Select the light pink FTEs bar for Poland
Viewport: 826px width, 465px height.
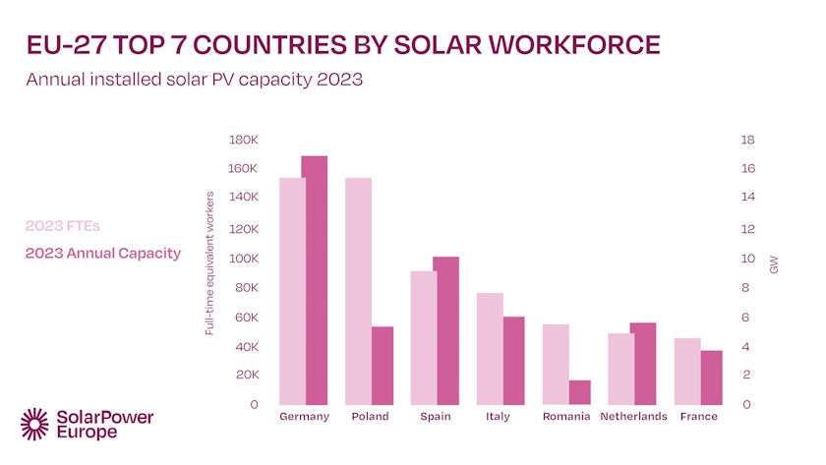(358, 291)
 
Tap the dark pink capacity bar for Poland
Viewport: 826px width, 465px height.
(382, 366)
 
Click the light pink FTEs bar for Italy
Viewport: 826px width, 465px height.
(490, 349)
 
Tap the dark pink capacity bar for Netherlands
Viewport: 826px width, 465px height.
(644, 364)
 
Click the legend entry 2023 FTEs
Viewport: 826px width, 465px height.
(63, 225)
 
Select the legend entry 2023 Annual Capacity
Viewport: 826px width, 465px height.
(103, 254)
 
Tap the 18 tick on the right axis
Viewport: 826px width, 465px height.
(747, 140)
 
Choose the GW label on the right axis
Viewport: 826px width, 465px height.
(774, 264)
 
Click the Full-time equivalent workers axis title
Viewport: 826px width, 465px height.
(209, 262)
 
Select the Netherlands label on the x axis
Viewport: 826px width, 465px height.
(633, 417)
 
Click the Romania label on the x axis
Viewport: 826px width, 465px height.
(566, 417)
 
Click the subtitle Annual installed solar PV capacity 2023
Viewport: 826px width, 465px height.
(195, 80)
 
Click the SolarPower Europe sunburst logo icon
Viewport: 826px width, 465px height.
(35, 423)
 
